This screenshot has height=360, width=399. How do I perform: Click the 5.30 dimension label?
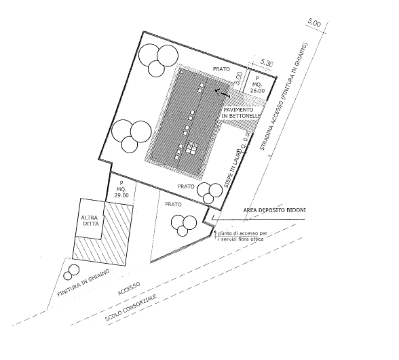(267, 63)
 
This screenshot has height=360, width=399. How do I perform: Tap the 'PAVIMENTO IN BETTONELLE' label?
(241, 113)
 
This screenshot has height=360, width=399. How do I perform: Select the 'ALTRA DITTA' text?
(90, 220)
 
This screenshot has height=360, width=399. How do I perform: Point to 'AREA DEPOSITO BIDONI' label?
(274, 210)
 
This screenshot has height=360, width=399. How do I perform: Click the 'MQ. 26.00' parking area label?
(257, 85)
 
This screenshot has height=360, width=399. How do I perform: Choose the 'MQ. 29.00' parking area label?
(121, 189)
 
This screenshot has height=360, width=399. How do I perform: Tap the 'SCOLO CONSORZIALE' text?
(131, 307)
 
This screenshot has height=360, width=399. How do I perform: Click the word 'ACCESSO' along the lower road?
(129, 289)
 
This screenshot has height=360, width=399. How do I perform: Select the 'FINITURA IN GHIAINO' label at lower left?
(83, 283)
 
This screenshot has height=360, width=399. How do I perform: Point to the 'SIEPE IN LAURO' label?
(233, 168)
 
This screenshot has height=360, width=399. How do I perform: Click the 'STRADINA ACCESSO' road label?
(284, 96)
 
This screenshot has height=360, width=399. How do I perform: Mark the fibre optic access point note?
(240, 236)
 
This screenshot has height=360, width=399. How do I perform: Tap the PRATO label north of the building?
(221, 69)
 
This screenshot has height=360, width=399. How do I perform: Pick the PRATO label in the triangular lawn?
(173, 204)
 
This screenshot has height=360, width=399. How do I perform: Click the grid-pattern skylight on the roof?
(192, 148)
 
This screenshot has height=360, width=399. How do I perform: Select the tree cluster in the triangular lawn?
(184, 225)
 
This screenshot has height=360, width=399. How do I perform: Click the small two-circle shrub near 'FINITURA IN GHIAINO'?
(71, 273)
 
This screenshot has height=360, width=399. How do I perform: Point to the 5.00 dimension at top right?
(315, 23)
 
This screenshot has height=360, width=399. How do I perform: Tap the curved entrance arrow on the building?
(223, 92)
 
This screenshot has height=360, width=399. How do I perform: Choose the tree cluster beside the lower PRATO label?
(210, 193)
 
